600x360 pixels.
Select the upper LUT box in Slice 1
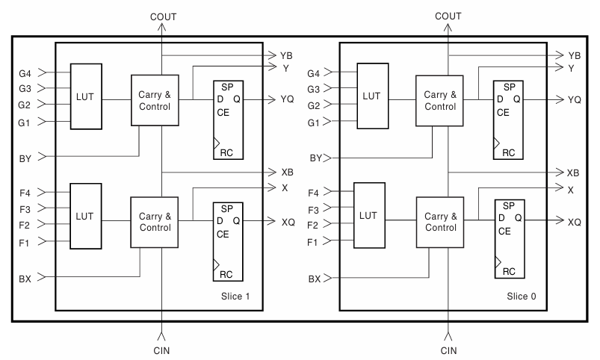[86, 96]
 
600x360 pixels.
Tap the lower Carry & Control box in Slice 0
[440, 222]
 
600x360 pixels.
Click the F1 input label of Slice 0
[312, 243]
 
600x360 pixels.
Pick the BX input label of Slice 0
[313, 279]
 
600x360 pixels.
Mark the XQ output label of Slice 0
[574, 222]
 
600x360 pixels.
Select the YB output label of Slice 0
[575, 56]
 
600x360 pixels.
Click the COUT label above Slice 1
[162, 16]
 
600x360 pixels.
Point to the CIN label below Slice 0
[448, 350]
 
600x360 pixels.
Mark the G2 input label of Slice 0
[312, 105]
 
